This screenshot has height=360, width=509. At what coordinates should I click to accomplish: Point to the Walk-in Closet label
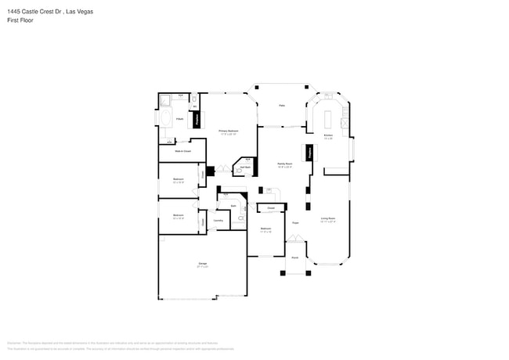pos(182,150)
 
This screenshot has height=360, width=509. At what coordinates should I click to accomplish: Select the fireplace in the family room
pos(308,153)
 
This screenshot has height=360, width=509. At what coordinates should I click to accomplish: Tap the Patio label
pos(281,106)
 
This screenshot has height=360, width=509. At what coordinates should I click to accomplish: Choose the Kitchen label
pos(328,136)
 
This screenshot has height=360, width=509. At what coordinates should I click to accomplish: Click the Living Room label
pos(328,219)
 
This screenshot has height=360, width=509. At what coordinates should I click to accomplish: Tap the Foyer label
pos(296,223)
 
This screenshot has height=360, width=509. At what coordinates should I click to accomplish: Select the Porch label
pos(295,257)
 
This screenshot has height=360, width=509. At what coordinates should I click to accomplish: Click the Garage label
pos(202,265)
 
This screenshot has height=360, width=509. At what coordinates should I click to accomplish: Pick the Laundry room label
pos(218,221)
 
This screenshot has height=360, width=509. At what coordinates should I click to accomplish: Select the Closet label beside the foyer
pos(270,208)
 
